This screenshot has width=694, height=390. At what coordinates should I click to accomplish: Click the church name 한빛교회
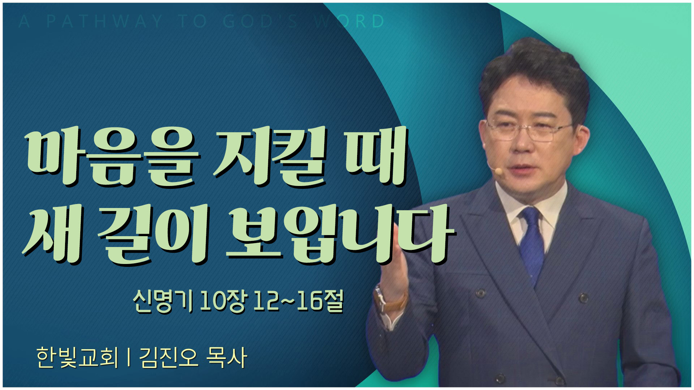point(78,358)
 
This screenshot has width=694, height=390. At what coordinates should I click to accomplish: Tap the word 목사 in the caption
point(226,358)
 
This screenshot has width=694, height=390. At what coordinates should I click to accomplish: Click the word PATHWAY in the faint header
point(104,21)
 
